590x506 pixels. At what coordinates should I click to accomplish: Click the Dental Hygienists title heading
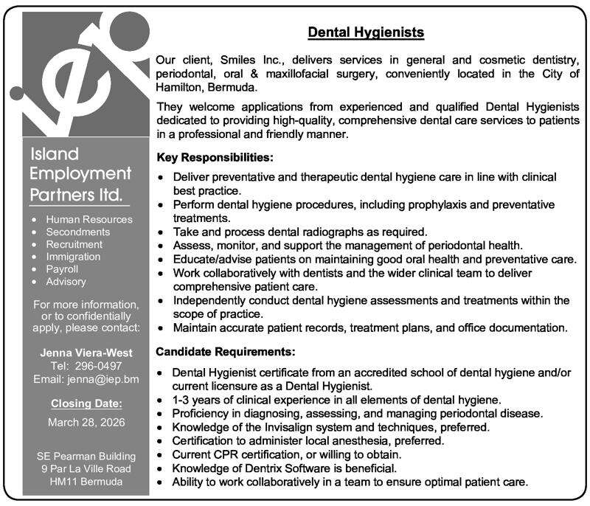pos(365,32)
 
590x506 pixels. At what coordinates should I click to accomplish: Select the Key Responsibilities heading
pos(215,158)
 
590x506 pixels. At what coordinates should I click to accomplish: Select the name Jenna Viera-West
pos(86,353)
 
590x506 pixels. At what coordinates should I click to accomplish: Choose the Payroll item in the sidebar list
pos(62,269)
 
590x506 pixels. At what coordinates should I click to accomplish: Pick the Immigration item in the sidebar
pos(73,257)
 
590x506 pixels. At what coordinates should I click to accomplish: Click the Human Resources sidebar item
pos(88,219)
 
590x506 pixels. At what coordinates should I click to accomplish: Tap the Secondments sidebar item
pos(77,232)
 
